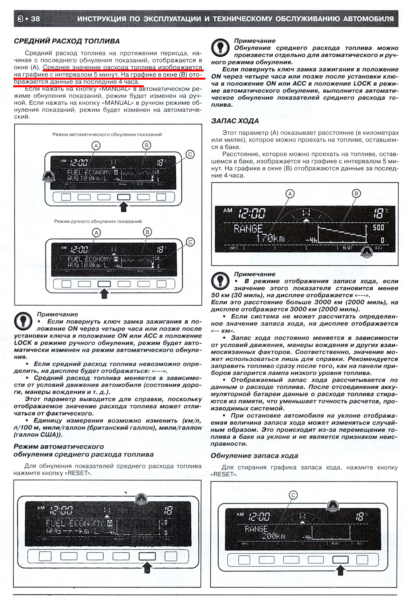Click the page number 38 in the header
tap(35, 19)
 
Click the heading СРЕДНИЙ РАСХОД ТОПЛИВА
tap(67, 41)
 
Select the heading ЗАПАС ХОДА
tap(235, 121)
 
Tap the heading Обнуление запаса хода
tap(255, 456)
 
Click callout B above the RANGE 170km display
tap(356, 193)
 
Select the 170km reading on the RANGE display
tap(271, 239)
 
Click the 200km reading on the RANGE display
tap(273, 535)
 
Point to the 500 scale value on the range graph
tap(379, 228)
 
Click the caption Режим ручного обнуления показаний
tap(98, 221)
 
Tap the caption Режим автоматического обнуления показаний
tap(107, 134)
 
